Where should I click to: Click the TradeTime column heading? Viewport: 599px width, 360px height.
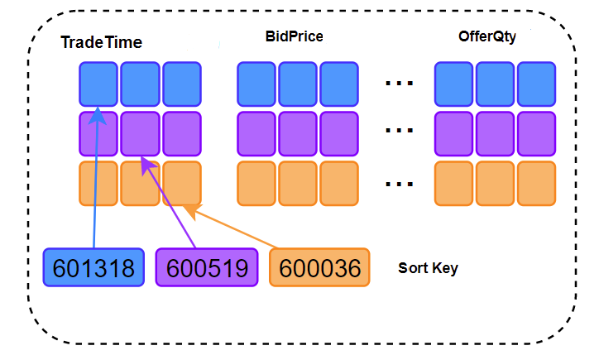click(101, 42)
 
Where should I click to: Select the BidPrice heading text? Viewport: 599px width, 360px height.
click(295, 36)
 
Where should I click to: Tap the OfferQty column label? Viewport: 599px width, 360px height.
click(487, 36)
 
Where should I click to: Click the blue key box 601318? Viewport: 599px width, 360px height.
click(93, 267)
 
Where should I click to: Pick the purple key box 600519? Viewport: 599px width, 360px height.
click(207, 267)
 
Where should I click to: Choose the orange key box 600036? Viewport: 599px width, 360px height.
click(319, 267)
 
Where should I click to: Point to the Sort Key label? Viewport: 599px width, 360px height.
click(428, 268)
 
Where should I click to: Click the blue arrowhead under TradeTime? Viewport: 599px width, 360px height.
click(98, 115)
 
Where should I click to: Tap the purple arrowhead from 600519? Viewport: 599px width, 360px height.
click(147, 165)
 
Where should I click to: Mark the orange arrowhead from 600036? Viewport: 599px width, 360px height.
click(192, 211)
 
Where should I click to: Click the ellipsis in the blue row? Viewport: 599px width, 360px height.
click(400, 83)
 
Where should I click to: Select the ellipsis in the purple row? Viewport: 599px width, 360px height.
click(400, 130)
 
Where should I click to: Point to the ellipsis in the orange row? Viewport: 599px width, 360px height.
click(400, 184)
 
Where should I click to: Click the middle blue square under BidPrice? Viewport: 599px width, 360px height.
click(298, 84)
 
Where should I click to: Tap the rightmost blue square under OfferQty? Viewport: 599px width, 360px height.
click(536, 84)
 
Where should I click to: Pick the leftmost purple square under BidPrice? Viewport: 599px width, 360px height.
click(256, 134)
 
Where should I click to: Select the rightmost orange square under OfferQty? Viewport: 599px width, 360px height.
click(536, 184)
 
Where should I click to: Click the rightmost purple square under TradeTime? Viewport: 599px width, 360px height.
click(182, 134)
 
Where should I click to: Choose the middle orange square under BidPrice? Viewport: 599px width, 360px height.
click(298, 184)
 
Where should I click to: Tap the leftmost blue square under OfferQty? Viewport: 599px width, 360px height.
click(454, 84)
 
